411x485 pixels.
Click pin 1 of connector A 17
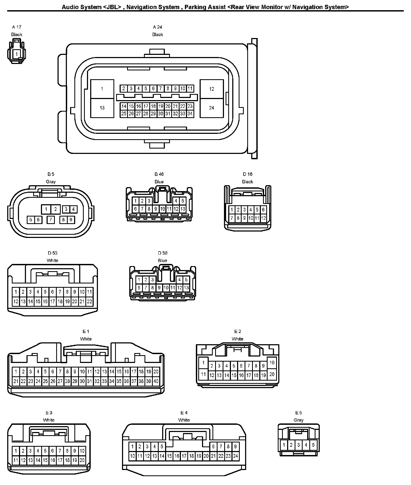point(17,54)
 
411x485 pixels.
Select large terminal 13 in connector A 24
point(102,108)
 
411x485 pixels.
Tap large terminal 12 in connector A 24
point(212,89)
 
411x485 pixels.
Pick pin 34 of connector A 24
point(190,113)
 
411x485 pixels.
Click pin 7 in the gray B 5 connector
point(51,220)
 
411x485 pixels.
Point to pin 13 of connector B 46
point(183,209)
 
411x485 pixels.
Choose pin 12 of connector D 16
point(263,218)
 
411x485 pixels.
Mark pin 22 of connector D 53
point(89,301)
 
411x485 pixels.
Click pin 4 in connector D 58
point(179,280)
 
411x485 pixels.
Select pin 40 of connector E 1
point(156,381)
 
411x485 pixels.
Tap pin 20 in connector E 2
point(272,374)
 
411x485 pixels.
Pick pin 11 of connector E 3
point(16,460)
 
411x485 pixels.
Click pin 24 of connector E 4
point(235,456)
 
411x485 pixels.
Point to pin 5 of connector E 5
point(313,445)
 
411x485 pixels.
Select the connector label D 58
point(162,253)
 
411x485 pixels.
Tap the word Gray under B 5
point(51,182)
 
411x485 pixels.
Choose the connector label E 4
point(184,413)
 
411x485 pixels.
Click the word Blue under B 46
point(159,182)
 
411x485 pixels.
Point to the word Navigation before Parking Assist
point(140,7)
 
